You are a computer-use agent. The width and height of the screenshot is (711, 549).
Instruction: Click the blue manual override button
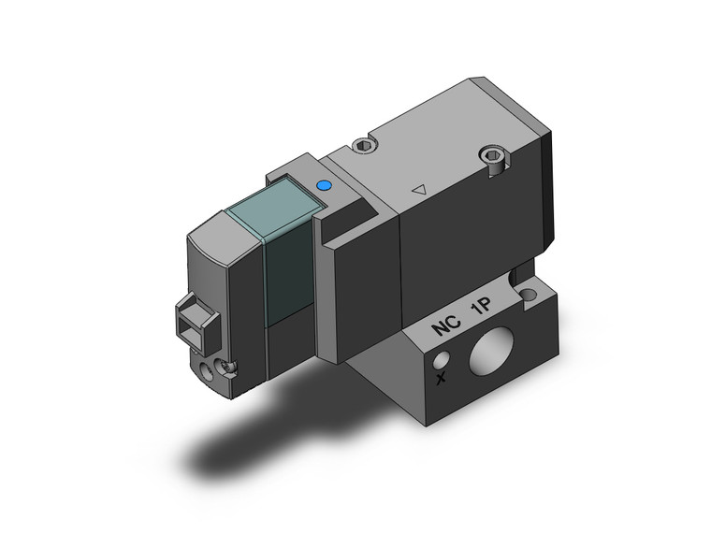[x=325, y=187]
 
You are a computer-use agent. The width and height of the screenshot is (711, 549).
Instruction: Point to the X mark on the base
[x=441, y=380]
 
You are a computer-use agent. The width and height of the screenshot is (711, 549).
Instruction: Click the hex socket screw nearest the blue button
[x=365, y=145]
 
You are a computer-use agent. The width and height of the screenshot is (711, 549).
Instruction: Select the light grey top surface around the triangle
[x=440, y=168]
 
